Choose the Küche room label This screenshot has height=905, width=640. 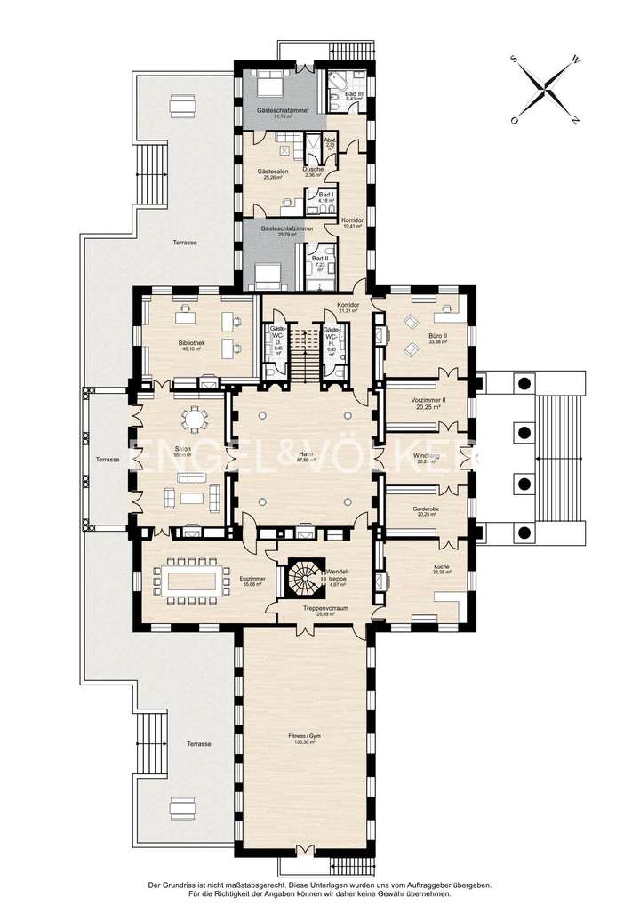point(442,568)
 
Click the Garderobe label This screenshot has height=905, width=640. point(427,509)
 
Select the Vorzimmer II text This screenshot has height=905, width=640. point(429,400)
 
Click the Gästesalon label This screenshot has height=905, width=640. point(272,171)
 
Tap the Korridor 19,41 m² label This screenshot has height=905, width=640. point(354,221)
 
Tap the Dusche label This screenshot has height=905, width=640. point(313,169)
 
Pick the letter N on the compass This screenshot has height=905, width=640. point(576,120)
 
